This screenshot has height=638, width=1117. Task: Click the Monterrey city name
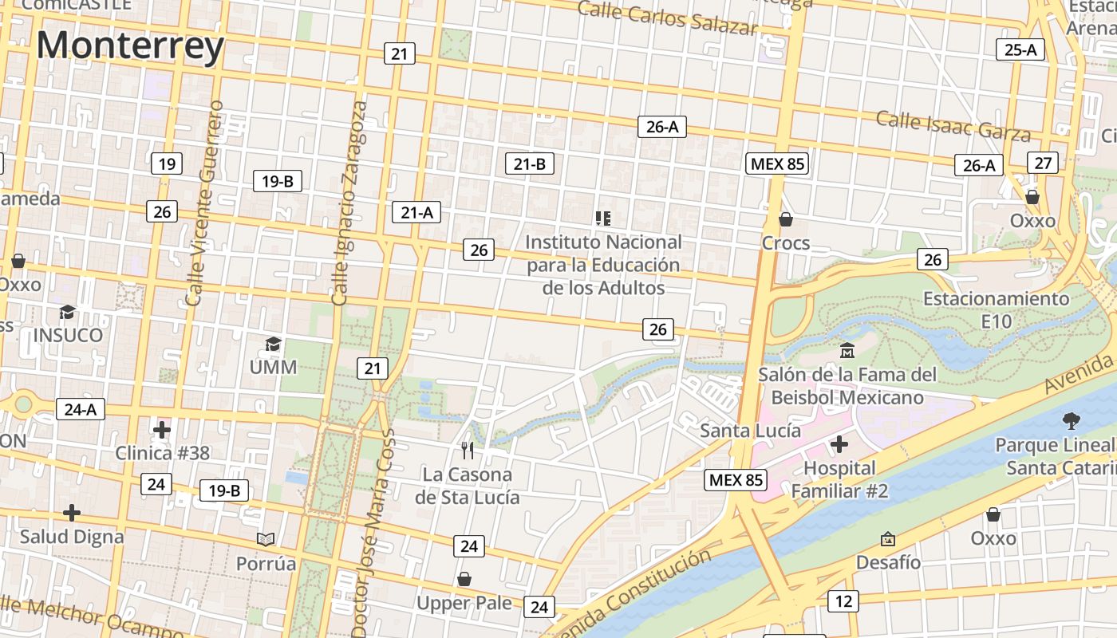click(x=130, y=45)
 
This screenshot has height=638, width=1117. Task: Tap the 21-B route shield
click(x=530, y=164)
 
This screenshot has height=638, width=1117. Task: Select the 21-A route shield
click(x=416, y=212)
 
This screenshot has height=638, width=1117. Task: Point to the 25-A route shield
click(x=1020, y=49)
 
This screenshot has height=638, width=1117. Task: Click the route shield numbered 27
click(x=1042, y=163)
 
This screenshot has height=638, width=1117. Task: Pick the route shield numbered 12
click(x=843, y=601)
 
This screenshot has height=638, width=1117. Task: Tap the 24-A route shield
click(x=81, y=410)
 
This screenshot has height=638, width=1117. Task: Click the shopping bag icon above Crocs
click(x=786, y=219)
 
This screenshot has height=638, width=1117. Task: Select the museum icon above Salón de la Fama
click(x=847, y=350)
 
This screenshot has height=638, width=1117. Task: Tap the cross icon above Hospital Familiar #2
click(x=839, y=444)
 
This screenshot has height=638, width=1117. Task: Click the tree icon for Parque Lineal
click(x=1071, y=420)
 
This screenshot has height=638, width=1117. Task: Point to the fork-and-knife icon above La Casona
click(x=468, y=451)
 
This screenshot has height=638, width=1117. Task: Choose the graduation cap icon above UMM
click(x=273, y=345)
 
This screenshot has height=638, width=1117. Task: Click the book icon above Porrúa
click(x=266, y=540)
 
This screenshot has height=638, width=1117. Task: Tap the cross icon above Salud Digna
click(x=72, y=512)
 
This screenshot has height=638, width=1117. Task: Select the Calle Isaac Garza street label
click(x=953, y=125)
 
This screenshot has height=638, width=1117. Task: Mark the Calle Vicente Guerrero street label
click(x=203, y=203)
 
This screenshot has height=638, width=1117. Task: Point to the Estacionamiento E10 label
click(x=996, y=309)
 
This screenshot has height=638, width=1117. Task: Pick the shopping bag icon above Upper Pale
click(x=464, y=579)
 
